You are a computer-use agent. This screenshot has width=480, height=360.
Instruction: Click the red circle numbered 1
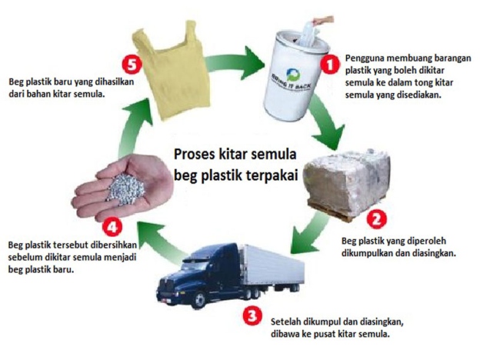(x=330, y=65)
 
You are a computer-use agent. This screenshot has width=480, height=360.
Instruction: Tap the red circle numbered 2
(x=376, y=218)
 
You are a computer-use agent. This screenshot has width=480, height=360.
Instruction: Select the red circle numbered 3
(x=252, y=315)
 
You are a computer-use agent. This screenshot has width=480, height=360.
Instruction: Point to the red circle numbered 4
(x=112, y=227)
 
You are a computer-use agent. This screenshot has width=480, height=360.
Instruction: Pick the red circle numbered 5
(x=132, y=65)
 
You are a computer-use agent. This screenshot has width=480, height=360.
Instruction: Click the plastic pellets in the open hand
(x=126, y=188)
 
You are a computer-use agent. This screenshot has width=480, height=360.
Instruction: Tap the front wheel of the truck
(x=198, y=300)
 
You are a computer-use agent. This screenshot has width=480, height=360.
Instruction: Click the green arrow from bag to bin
(x=234, y=63)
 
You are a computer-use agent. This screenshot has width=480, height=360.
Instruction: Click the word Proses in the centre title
(x=195, y=155)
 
